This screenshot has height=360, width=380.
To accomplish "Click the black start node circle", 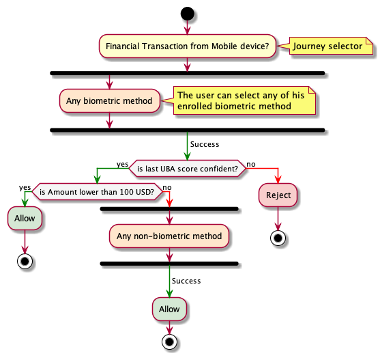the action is [x=188, y=14].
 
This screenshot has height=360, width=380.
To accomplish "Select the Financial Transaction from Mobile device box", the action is [x=188, y=46].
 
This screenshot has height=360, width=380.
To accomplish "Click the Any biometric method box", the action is [x=110, y=100].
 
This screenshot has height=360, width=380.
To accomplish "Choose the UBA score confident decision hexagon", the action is [x=188, y=168].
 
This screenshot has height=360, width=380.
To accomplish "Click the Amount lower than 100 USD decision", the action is [x=97, y=192].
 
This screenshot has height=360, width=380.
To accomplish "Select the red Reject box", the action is [x=278, y=195].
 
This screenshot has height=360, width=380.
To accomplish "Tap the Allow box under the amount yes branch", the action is [x=25, y=219].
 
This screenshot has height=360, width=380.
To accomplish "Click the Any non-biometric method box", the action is [x=169, y=236].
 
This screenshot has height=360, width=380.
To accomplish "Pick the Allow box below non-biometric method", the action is [x=169, y=309].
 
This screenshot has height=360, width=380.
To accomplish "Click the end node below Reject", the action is [x=278, y=238].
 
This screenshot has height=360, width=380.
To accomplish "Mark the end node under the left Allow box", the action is [x=25, y=262].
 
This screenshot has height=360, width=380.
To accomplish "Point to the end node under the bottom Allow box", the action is [x=169, y=342].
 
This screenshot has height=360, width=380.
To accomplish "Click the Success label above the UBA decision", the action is [x=205, y=144].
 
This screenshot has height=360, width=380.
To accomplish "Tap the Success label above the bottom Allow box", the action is [x=186, y=281].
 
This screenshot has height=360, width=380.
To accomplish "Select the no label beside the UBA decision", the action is [x=251, y=165].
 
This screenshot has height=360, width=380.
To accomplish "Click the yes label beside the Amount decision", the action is [x=25, y=188].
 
